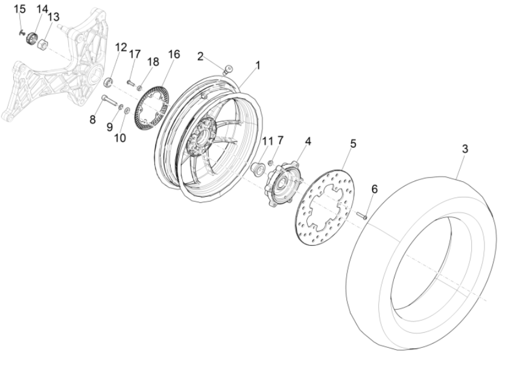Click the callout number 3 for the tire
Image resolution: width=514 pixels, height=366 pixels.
click(465, 148)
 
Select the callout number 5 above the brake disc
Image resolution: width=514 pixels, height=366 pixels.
click(354, 144)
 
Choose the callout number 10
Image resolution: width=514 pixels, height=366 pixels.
click(120, 138)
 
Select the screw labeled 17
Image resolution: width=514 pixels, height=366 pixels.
click(132, 82)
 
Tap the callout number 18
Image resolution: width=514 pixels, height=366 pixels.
click(153, 62)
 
